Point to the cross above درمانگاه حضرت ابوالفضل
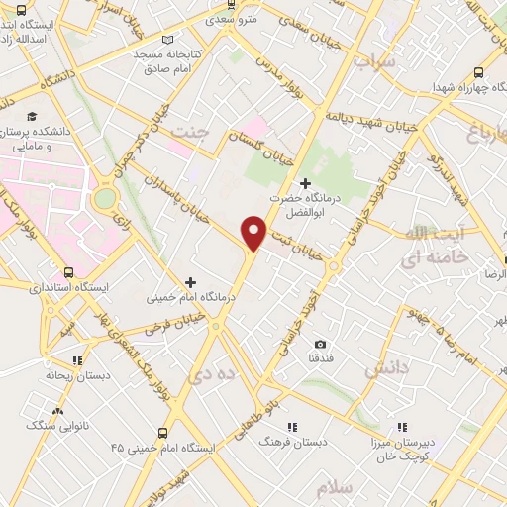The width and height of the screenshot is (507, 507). click(304, 183)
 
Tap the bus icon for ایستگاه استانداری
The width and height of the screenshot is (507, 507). click(67, 272)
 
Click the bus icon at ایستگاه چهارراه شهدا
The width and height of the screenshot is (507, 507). click(479, 72)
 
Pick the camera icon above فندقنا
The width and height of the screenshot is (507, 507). click(319, 342)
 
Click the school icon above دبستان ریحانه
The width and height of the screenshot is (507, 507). click(77, 361)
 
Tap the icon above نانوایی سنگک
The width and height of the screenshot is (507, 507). click(56, 411)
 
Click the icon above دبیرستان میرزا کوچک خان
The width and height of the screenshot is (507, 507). click(400, 429)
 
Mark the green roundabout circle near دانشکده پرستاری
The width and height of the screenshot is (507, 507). click(104, 198)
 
